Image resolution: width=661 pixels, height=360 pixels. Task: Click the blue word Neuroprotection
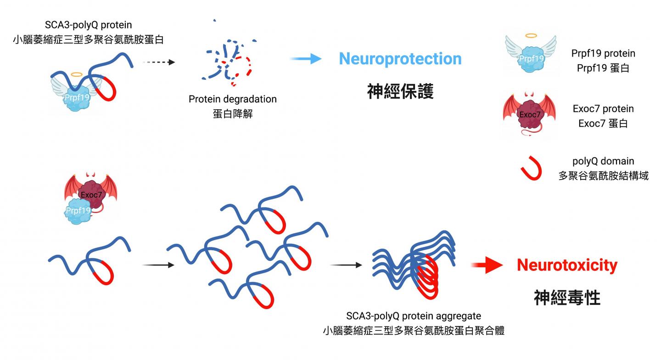(400, 59)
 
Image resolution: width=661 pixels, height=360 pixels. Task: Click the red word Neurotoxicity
(567, 265)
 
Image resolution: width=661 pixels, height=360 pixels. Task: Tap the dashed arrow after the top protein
(159, 62)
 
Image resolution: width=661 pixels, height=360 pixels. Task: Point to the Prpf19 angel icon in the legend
(531, 55)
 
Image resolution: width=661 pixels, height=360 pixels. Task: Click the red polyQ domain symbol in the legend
(532, 168)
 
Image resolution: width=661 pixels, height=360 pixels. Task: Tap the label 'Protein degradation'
(233, 99)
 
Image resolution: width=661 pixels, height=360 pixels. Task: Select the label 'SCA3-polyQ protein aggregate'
(414, 316)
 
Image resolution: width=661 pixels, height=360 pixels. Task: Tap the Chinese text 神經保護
(400, 91)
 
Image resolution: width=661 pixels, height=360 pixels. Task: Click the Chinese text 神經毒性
(567, 298)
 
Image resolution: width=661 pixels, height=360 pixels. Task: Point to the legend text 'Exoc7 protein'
(603, 109)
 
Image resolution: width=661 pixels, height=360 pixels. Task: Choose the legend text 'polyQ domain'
(603, 161)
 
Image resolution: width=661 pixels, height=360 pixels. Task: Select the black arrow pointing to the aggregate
(345, 265)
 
